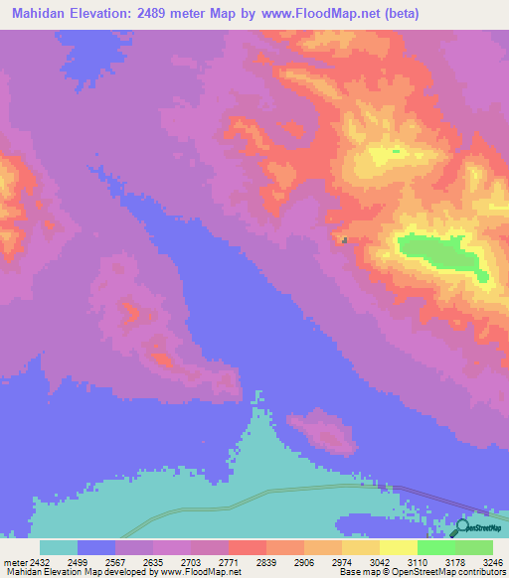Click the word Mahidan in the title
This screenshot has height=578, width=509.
[x=39, y=14]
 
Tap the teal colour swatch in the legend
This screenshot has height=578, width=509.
[x=59, y=547]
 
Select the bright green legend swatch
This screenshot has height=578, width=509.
[x=436, y=547]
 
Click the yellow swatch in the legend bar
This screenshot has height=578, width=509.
[x=398, y=547]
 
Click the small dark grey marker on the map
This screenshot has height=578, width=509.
[x=344, y=239]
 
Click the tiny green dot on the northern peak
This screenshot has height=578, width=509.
[x=395, y=151]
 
